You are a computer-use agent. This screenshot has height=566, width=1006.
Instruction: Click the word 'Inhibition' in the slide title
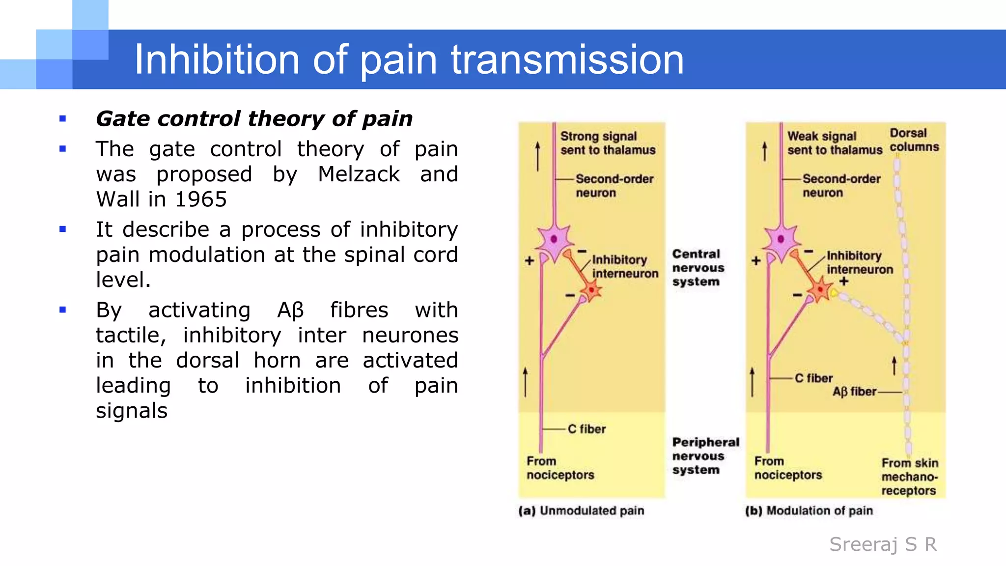click(217, 59)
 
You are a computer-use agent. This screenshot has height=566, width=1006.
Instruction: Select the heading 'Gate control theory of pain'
click(254, 119)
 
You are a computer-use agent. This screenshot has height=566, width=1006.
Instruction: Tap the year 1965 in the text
click(201, 199)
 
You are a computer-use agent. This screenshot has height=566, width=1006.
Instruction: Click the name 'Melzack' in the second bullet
click(359, 174)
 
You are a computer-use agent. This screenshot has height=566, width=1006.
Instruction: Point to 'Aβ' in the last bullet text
click(291, 311)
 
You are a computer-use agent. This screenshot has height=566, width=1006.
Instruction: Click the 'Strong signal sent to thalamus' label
click(608, 143)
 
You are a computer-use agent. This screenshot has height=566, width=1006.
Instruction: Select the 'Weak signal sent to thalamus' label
click(835, 143)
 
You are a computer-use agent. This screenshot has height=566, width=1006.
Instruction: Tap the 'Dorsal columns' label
click(914, 140)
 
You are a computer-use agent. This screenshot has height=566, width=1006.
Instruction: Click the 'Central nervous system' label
click(698, 268)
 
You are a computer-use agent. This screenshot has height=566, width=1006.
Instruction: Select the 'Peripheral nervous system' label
click(705, 456)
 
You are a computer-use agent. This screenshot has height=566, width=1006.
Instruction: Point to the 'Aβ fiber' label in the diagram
click(854, 392)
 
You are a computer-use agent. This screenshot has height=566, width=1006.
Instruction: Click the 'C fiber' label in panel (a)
click(587, 429)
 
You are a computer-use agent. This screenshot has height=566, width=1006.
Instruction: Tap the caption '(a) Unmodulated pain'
click(581, 510)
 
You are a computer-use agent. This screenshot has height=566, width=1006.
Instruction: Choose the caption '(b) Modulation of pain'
click(809, 510)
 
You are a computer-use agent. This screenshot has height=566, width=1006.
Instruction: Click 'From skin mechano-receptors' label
click(909, 477)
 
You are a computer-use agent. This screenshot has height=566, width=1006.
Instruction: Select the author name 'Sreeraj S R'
click(883, 544)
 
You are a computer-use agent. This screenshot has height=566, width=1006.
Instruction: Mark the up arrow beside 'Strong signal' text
click(538, 156)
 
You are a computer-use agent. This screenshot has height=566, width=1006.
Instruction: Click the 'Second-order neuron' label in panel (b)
click(841, 186)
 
